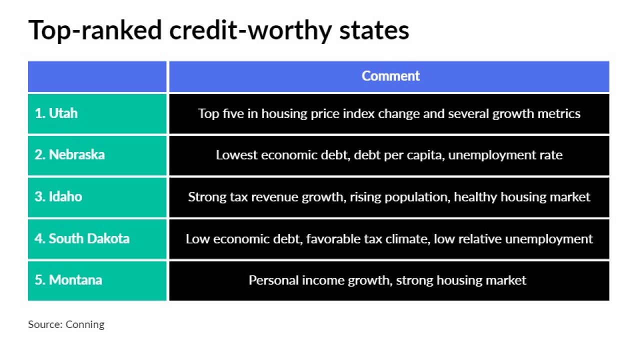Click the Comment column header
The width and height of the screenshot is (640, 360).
pyautogui.click(x=390, y=76)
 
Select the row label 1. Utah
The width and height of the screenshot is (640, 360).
pyautogui.click(x=56, y=113)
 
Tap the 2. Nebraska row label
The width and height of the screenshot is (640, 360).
pyautogui.click(x=69, y=155)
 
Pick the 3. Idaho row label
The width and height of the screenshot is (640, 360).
pyautogui.click(x=58, y=196)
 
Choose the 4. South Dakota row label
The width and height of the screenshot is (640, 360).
pyautogui.click(x=82, y=238)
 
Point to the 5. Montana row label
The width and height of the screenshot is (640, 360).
pyautogui.click(x=68, y=280)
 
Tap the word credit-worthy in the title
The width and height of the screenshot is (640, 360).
pyautogui.click(x=251, y=30)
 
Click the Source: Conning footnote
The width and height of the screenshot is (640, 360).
pyautogui.click(x=66, y=324)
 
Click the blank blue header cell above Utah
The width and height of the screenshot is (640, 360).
pyautogui.click(x=97, y=76)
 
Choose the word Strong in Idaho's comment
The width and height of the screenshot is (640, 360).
pyautogui.click(x=207, y=197)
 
